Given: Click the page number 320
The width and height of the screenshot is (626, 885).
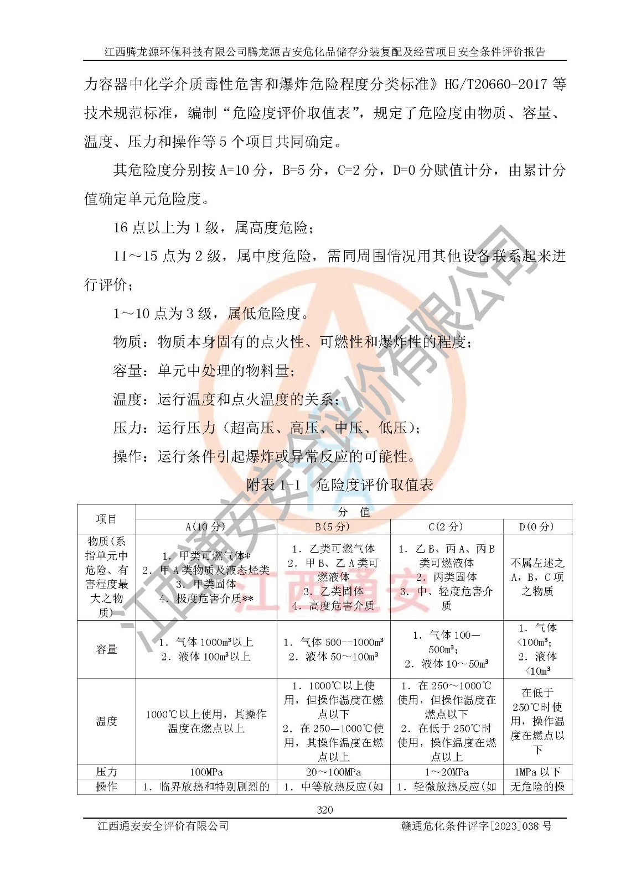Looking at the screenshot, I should pyautogui.click(x=325, y=810).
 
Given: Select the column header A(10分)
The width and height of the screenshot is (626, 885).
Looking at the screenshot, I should pyautogui.click(x=206, y=527).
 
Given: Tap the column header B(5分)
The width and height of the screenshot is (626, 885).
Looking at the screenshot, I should pyautogui.click(x=333, y=527).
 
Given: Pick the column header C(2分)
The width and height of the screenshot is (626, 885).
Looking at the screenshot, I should pyautogui.click(x=446, y=527).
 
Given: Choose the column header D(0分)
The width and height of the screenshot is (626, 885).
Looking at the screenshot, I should pyautogui.click(x=537, y=527).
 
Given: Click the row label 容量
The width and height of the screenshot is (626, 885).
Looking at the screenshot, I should pyautogui.click(x=106, y=649).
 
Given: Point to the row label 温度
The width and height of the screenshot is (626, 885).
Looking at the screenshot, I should pyautogui.click(x=106, y=721).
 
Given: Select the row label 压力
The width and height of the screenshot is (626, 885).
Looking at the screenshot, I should pyautogui.click(x=106, y=772).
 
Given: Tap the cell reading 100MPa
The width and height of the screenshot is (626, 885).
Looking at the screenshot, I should pyautogui.click(x=206, y=772).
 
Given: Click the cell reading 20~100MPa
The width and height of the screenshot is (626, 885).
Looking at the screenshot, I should pyautogui.click(x=333, y=772).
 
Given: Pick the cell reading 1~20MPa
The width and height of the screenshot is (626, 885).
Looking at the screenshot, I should pyautogui.click(x=446, y=772).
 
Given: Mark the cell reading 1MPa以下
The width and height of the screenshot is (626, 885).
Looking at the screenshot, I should pyautogui.click(x=537, y=772).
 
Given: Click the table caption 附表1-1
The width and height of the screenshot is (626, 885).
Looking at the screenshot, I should pyautogui.click(x=273, y=485).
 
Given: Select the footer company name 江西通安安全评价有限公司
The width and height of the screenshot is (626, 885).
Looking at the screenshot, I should pyautogui.click(x=163, y=826).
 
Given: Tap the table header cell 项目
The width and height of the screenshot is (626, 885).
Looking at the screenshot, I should pyautogui.click(x=106, y=519).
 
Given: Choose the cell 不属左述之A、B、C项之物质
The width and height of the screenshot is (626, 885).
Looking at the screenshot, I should pyautogui.click(x=537, y=577).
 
